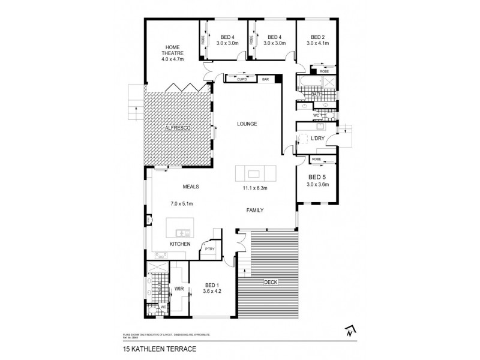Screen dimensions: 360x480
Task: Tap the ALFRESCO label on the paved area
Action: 178,128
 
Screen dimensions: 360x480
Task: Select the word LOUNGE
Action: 247,124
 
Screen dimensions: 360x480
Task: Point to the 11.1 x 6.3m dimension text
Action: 254,188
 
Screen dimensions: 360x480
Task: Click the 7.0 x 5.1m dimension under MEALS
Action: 182,203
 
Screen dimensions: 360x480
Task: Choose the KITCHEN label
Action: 180,244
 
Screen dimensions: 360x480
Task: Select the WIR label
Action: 179,289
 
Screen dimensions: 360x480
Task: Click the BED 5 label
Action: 317,177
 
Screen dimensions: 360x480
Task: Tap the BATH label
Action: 317,94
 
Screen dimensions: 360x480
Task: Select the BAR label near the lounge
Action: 264,79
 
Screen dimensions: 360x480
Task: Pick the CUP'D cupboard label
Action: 242,79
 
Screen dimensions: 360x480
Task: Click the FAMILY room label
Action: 254,210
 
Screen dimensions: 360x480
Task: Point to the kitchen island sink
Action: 182,232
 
